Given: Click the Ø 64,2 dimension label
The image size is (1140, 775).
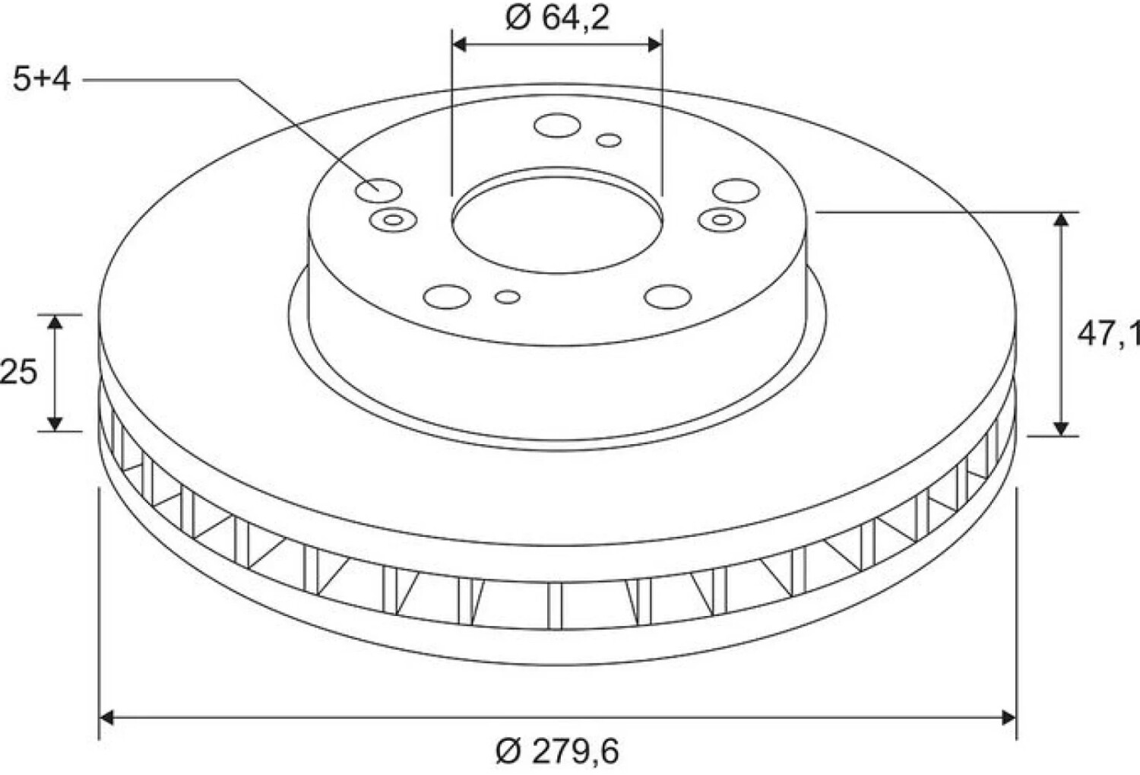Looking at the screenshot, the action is pyautogui.click(x=557, y=18).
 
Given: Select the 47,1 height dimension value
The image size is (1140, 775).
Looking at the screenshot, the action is pyautogui.click(x=1108, y=335).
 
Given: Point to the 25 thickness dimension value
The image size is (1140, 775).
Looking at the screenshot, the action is pyautogui.click(x=18, y=371).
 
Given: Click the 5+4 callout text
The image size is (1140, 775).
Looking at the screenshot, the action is pyautogui.click(x=42, y=79).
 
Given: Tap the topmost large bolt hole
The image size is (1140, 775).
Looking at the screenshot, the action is pyautogui.click(x=557, y=125).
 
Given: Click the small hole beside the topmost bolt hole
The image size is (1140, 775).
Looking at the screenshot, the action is pyautogui.click(x=609, y=140).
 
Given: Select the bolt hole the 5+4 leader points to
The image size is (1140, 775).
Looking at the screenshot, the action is pyautogui.click(x=378, y=190).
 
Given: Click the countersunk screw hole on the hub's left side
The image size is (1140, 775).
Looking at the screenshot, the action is pyautogui.click(x=394, y=221).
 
